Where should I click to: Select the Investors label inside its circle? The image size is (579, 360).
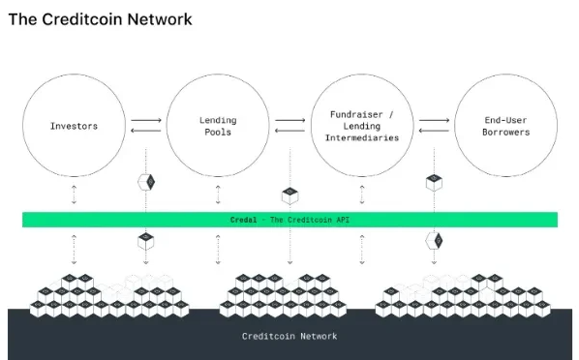(x=74, y=126)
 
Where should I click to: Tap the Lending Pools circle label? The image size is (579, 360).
(x=218, y=126)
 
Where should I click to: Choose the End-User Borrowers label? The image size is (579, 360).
(x=506, y=126)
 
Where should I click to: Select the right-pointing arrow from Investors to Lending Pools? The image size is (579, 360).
(x=145, y=121)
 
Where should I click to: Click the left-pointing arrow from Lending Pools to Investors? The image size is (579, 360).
(x=145, y=131)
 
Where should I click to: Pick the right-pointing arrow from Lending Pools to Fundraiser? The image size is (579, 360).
(x=289, y=121)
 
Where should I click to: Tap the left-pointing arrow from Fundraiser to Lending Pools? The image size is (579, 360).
(x=289, y=131)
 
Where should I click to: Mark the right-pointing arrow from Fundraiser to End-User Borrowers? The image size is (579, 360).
(x=434, y=121)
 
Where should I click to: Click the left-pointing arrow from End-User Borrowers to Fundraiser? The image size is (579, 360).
(x=434, y=131)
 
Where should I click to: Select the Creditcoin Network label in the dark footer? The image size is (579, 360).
(x=289, y=336)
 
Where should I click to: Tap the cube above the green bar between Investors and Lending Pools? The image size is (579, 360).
(x=146, y=183)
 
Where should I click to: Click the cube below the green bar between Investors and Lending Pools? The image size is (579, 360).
(x=146, y=239)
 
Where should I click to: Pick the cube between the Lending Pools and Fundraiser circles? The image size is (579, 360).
(x=289, y=195)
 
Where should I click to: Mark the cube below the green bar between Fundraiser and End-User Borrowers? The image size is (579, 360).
(x=434, y=239)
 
